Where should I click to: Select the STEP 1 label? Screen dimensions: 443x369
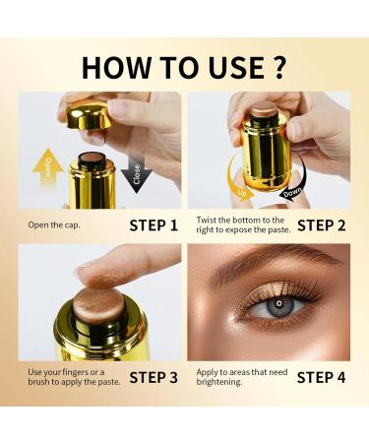(x=154, y=225)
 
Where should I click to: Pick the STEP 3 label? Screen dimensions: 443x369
(x=154, y=376)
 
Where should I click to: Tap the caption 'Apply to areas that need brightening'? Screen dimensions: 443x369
(x=236, y=377)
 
